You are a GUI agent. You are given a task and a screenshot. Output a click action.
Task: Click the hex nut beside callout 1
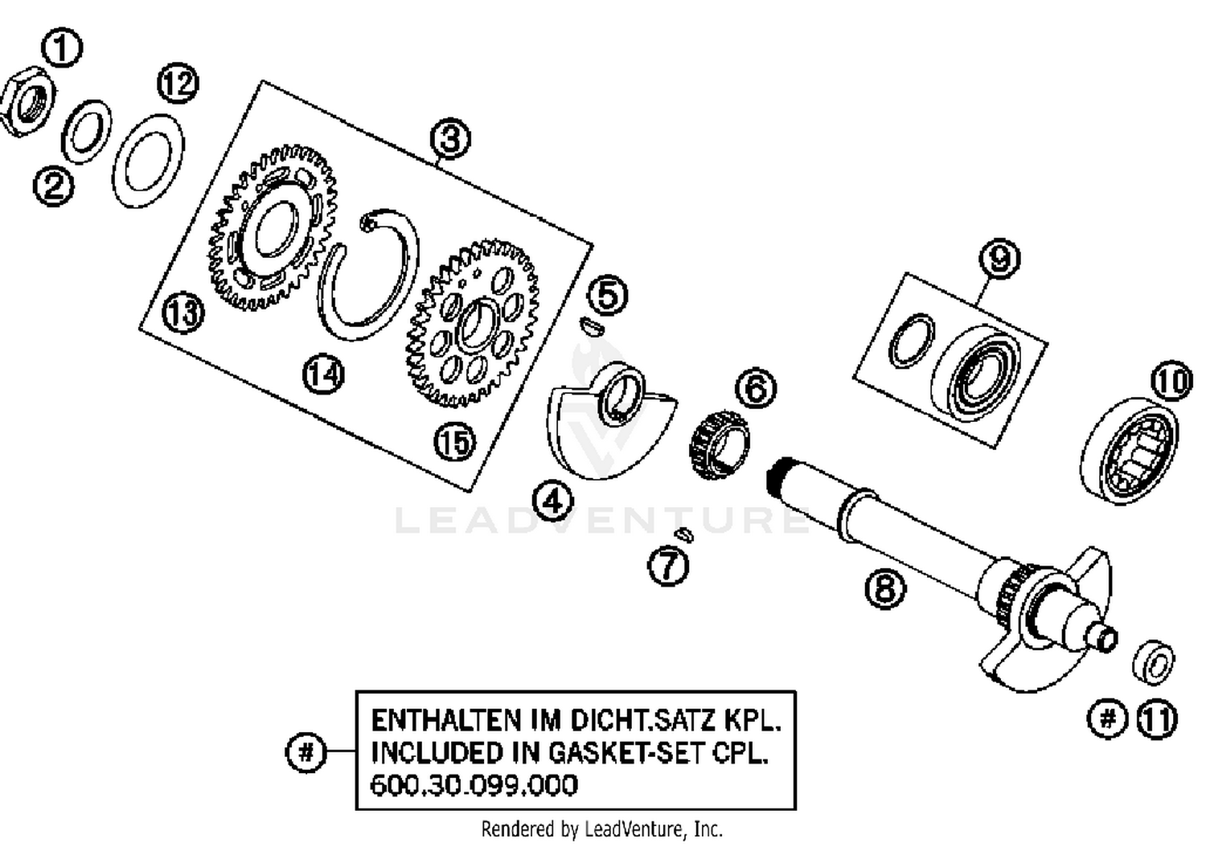click(27, 104)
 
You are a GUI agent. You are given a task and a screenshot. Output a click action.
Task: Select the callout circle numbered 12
click(178, 84)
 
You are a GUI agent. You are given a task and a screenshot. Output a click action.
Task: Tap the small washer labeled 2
click(86, 132)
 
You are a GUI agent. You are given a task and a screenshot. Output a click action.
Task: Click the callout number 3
click(450, 138)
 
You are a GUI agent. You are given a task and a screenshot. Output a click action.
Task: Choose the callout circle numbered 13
click(183, 313)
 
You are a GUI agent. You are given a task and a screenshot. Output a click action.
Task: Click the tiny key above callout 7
click(683, 534)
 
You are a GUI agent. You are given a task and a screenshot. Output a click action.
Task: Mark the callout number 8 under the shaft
click(884, 589)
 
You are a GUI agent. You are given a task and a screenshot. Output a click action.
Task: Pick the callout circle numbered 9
click(999, 259)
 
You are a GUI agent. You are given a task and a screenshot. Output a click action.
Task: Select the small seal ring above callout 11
click(1154, 664)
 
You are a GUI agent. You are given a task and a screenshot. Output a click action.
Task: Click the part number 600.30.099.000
click(474, 785)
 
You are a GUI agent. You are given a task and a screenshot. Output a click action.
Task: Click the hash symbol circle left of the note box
click(306, 753)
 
